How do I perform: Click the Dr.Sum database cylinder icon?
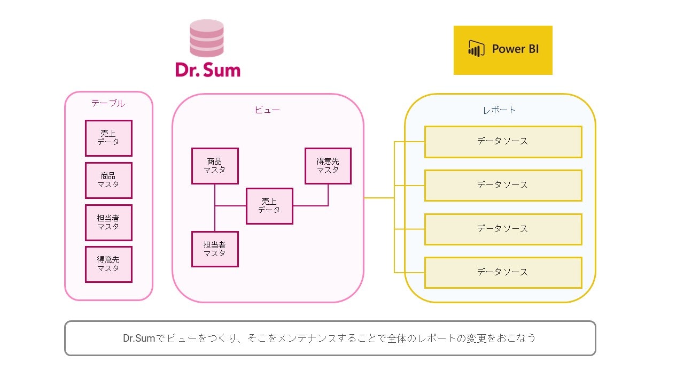pos(207,38)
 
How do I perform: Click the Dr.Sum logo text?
pos(207,70)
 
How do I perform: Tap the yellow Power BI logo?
pos(503,50)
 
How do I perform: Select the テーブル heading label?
pos(108,103)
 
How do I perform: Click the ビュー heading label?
pos(267,110)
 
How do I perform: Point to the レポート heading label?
pos(499,110)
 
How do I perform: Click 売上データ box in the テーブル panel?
pos(108,138)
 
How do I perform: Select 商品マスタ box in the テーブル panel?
pos(108,180)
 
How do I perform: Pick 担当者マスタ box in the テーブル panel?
pos(108,222)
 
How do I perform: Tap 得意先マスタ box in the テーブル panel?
pos(108,264)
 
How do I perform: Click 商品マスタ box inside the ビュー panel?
pos(215,166)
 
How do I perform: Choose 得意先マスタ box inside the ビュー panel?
pos(328,166)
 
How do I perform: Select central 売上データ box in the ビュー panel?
pos(269,206)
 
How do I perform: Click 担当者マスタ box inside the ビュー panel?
pos(215,249)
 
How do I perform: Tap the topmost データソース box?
pos(503,142)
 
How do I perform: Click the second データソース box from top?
pos(503,185)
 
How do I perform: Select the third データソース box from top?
pos(503,229)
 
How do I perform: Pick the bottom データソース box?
pos(503,272)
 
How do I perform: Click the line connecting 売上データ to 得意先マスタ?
pos(311,206)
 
